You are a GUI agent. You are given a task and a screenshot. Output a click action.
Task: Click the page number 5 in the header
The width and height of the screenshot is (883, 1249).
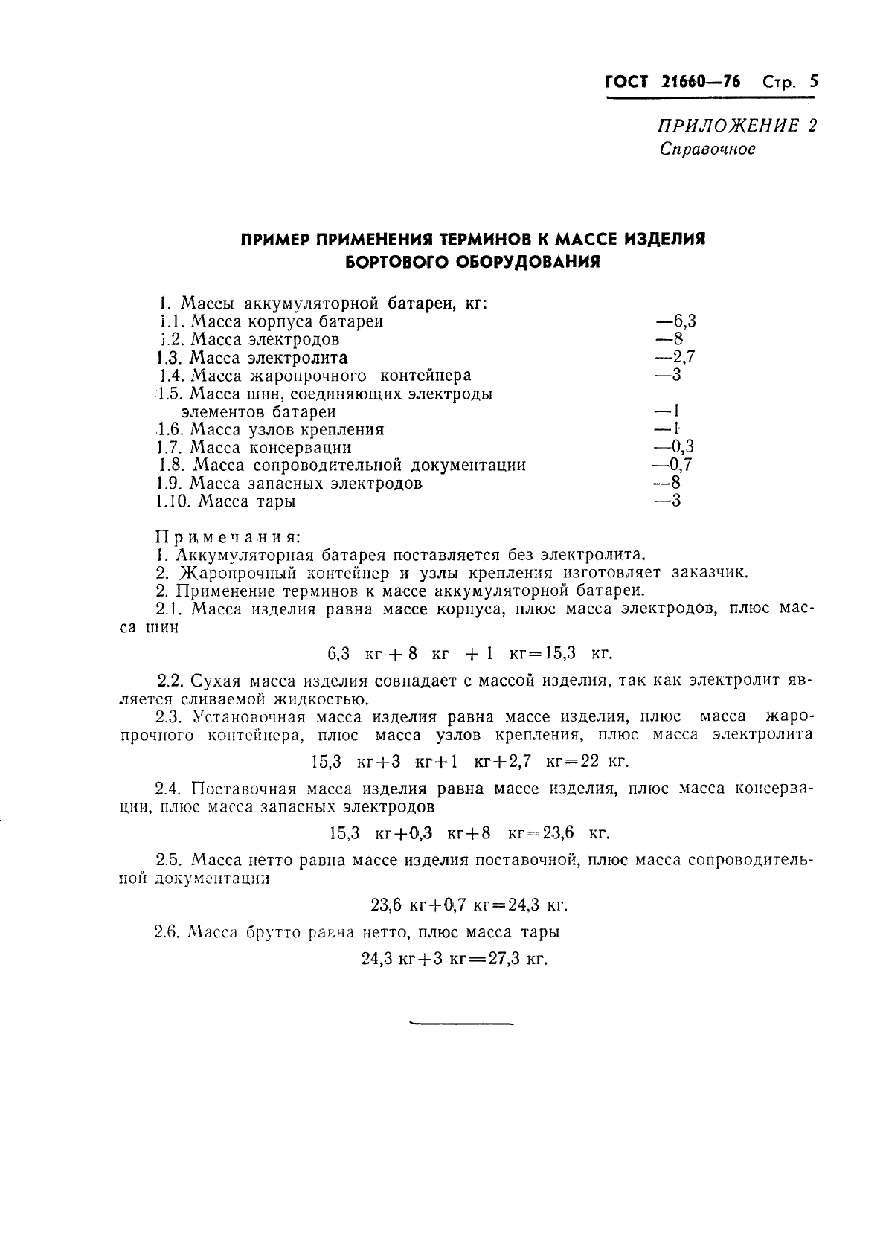pos(813,82)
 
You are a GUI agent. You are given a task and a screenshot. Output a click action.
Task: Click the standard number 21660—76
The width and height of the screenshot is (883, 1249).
pos(700,82)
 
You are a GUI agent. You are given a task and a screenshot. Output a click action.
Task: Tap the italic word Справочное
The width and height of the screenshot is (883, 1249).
pos(707,149)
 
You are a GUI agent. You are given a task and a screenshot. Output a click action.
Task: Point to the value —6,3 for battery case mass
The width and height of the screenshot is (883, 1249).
pos(675,321)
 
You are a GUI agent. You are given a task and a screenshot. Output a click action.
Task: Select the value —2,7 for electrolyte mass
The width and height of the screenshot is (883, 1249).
pos(674,357)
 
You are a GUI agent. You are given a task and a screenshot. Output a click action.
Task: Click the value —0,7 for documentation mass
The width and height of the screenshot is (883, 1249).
pos(672,465)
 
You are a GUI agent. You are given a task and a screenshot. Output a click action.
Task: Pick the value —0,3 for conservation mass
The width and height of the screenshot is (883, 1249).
pos(673,447)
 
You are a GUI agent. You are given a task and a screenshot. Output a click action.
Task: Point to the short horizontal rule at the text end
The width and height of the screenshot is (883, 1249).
pos(461,1024)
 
